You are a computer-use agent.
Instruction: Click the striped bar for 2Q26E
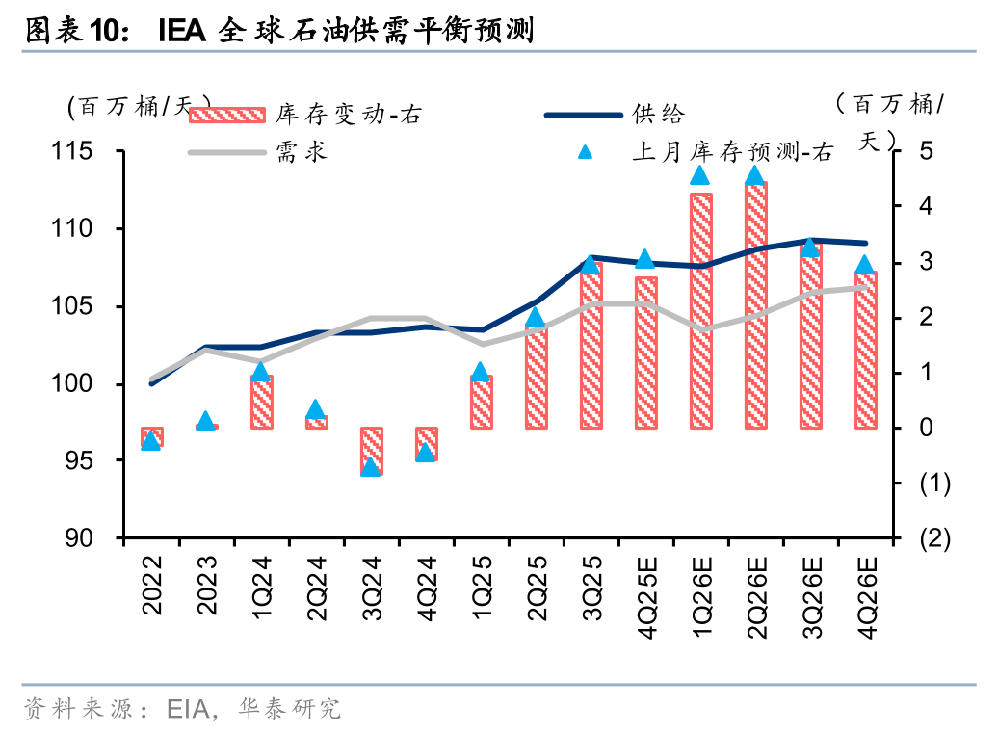pyautogui.click(x=755, y=304)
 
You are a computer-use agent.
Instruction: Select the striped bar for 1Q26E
pyautogui.click(x=701, y=310)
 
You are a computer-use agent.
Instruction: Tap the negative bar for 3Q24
pyautogui.click(x=372, y=451)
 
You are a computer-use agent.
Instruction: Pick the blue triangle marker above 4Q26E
pyautogui.click(x=864, y=266)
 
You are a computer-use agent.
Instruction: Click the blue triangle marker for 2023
pyautogui.click(x=205, y=421)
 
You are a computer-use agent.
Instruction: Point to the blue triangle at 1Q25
pyautogui.click(x=481, y=372)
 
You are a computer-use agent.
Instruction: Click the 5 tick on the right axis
pyautogui.click(x=926, y=151)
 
